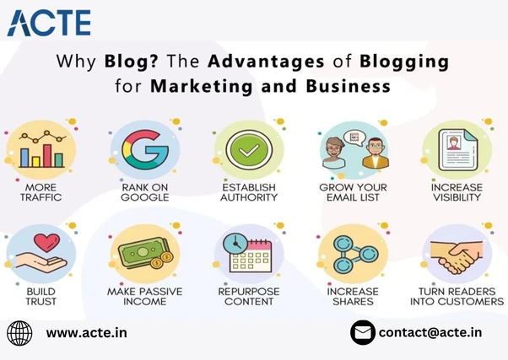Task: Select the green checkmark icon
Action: (248, 150)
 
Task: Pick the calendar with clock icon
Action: (247, 254)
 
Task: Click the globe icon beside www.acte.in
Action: (19, 332)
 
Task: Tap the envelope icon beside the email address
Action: (363, 332)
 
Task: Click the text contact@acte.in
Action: (430, 332)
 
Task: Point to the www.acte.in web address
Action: (87, 332)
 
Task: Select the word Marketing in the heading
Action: (191, 86)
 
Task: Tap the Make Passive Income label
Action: (143, 296)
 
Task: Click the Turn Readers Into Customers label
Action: (457, 296)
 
